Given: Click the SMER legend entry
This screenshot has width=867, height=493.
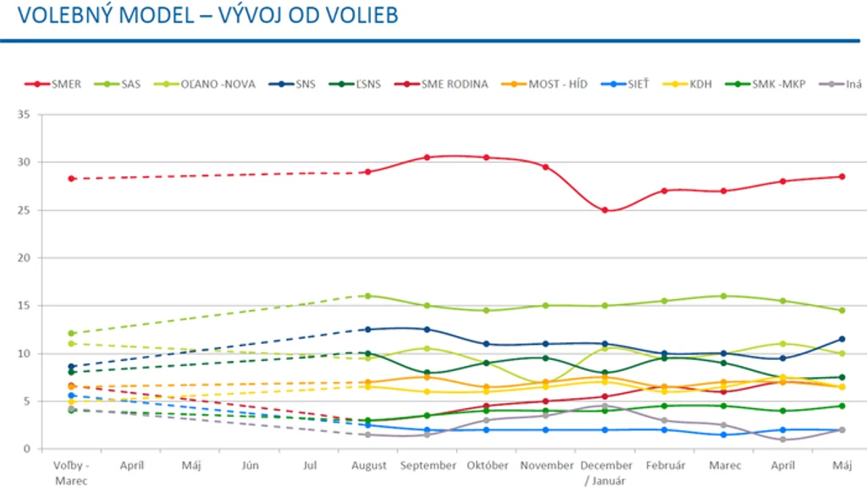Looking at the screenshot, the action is tap(53, 84).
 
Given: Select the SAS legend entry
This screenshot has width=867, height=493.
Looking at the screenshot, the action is tap(117, 84).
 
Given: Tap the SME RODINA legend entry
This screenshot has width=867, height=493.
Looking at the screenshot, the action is tap(441, 84).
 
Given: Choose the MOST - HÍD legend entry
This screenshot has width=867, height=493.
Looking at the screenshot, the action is tap(544, 84).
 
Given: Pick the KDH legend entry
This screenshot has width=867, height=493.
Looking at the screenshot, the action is tap(688, 84).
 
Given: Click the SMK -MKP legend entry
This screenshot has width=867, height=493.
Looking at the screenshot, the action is tap(765, 84).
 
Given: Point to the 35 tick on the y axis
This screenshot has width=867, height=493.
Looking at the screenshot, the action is tap(23, 114).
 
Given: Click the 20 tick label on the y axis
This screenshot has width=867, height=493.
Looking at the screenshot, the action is tap(23, 258).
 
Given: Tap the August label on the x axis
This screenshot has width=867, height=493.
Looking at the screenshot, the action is tap(369, 466).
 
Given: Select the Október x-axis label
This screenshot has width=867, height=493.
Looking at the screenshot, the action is tap(487, 466).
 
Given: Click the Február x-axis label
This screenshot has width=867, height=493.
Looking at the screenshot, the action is tap(665, 466).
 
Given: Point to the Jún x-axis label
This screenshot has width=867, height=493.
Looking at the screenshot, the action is tap(250, 466).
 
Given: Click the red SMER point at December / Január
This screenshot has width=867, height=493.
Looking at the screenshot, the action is tap(605, 210).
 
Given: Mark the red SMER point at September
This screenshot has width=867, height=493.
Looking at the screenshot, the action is tap(427, 158).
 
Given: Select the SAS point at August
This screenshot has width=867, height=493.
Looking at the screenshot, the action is tap(367, 296).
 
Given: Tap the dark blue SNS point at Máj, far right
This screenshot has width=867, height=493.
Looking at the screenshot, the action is tap(842, 339).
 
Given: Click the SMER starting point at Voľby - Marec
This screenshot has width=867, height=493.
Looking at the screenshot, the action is tap(71, 179).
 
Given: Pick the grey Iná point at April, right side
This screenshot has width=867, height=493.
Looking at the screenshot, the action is tap(783, 440).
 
